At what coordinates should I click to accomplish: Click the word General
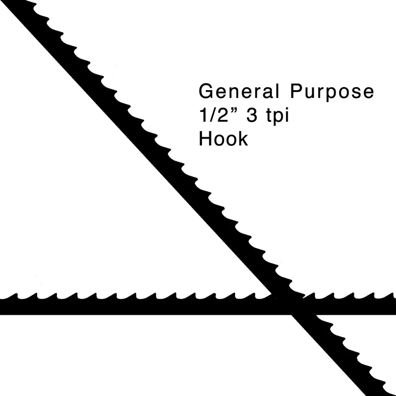239,91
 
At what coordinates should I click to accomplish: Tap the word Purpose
332,92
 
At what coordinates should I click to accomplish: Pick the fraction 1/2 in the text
214,115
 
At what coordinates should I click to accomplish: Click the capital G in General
206,91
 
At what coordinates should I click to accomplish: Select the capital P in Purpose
297,91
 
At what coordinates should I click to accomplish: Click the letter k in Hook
243,138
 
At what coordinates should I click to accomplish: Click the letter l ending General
278,91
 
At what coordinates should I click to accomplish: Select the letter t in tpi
269,116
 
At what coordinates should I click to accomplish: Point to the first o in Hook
220,140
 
